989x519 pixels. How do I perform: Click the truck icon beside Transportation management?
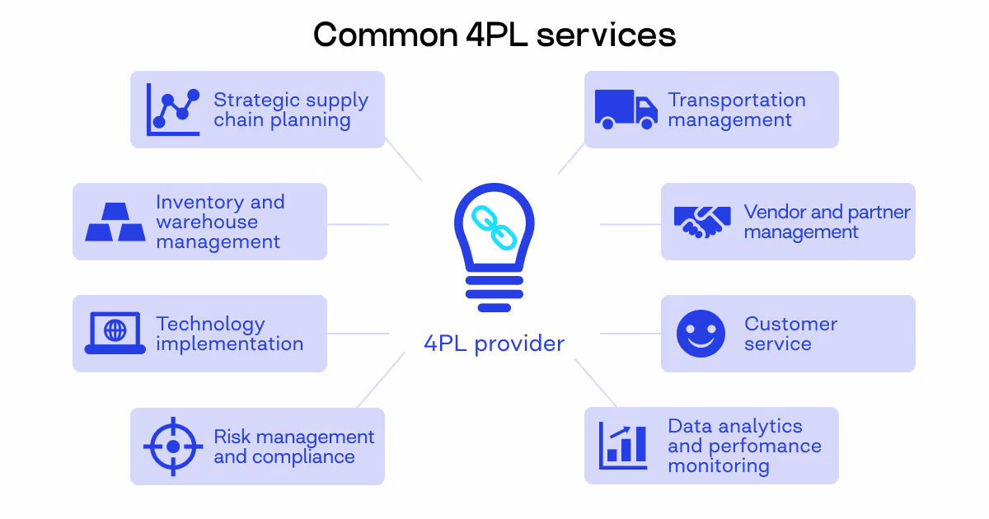click(626, 110)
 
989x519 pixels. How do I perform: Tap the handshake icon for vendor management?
click(702, 222)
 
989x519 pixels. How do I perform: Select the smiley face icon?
click(701, 334)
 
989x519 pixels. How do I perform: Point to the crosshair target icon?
click(173, 446)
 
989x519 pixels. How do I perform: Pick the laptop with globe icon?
click(115, 334)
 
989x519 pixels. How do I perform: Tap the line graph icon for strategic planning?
click(173, 110)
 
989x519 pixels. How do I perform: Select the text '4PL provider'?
click(494, 344)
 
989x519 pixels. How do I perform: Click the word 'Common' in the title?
click(384, 35)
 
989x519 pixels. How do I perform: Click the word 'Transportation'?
click(737, 100)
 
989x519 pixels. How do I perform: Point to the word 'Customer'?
click(790, 324)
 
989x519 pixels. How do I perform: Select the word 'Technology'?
click(211, 324)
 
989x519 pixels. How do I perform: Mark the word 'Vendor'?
click(773, 212)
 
